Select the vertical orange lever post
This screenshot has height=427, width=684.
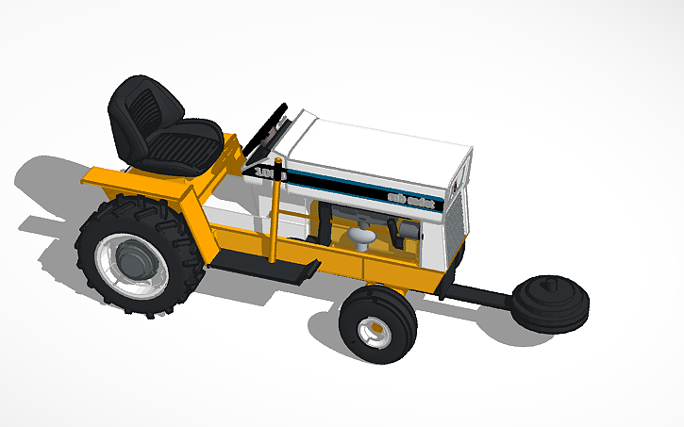(274, 221)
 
